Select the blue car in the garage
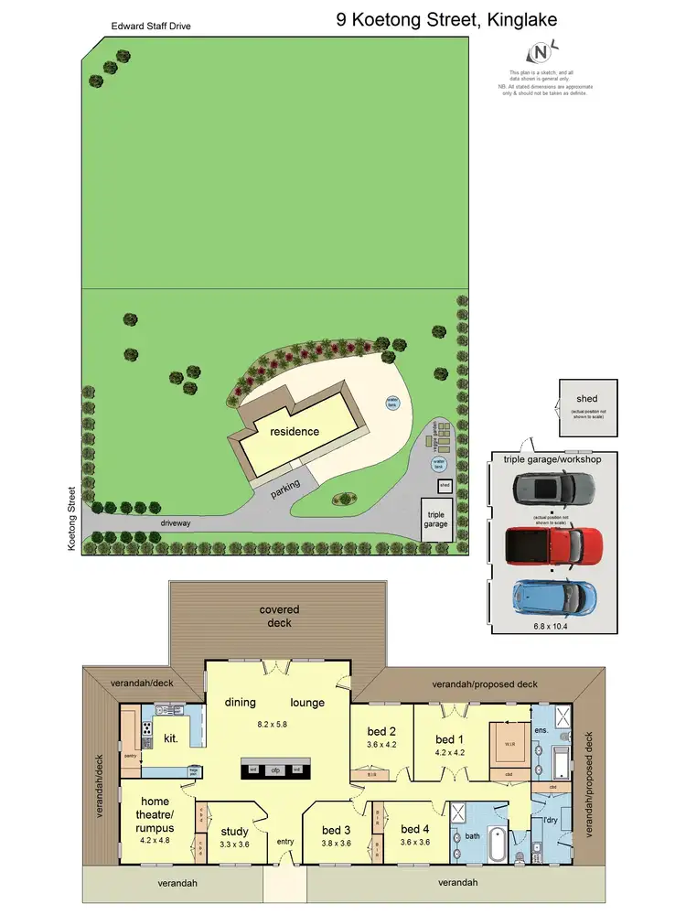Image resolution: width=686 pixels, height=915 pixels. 554,597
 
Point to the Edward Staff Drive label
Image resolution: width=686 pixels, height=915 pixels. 152,27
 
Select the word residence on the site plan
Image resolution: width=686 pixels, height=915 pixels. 294,431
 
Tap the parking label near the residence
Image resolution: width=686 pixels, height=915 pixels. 286,491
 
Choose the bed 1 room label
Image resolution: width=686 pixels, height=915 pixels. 445,739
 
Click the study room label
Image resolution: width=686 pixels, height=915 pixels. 234,832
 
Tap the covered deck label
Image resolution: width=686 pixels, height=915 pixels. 279,616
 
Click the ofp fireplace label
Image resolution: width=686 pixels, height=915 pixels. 274,770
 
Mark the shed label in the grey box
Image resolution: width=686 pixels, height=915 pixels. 586,399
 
